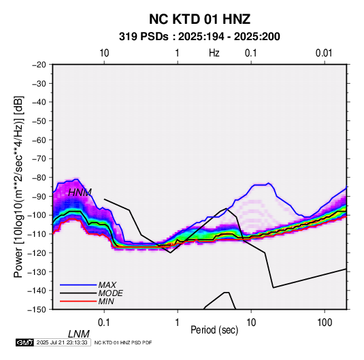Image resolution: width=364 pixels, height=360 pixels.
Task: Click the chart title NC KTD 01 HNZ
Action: [x=199, y=19]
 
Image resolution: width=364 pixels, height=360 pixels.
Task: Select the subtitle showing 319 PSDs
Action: [x=199, y=37]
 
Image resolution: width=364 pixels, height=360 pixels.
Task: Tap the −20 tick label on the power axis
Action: [x=39, y=65]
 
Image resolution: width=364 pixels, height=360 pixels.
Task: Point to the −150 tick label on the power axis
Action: [x=37, y=310]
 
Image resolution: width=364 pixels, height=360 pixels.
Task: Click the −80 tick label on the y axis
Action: [x=39, y=178]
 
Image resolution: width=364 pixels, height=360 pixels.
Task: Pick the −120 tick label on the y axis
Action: [x=37, y=252]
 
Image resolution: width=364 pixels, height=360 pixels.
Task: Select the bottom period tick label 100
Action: [x=324, y=323]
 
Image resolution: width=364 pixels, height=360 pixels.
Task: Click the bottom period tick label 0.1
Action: [x=103, y=323]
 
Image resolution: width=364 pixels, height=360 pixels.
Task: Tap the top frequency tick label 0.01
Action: [x=324, y=53]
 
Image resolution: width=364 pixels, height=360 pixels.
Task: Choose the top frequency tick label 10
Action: [x=104, y=53]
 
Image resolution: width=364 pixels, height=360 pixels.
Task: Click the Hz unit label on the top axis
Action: [x=214, y=53]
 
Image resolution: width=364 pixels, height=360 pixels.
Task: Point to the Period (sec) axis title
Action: [x=214, y=330]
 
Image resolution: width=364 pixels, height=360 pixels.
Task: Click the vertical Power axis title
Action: [x=18, y=186]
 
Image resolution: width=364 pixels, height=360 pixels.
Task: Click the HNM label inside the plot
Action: [x=80, y=193]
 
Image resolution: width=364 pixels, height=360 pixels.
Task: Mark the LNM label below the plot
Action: [x=79, y=334]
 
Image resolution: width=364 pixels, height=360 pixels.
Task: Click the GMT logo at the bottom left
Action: [x=24, y=342]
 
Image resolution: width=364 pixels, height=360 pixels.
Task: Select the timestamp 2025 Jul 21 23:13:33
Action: [x=62, y=342]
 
